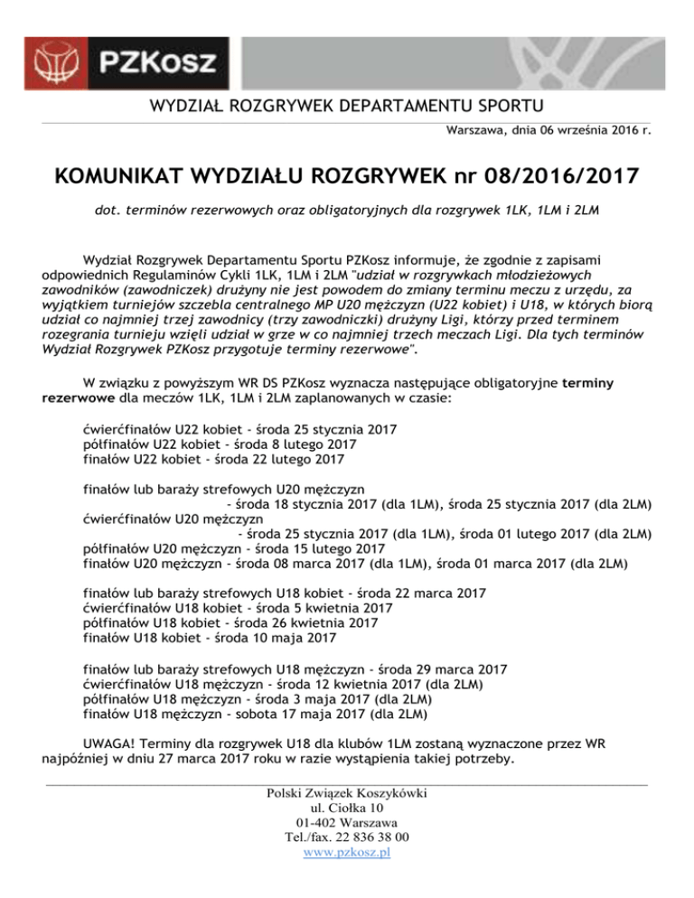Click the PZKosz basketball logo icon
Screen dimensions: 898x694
click(60, 61)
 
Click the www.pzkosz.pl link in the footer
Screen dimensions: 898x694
click(348, 852)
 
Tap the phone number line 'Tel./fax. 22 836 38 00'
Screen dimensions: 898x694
click(348, 837)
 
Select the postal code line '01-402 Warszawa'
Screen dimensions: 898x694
click(348, 822)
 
